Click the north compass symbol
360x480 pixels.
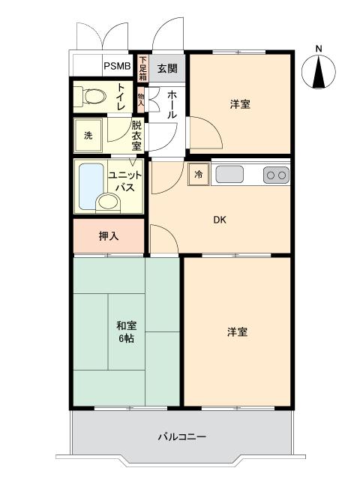pos(319,73)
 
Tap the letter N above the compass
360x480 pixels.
pos(319,50)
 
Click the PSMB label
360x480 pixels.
pos(117,66)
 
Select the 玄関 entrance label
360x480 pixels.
pos(166,69)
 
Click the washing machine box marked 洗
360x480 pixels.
pos(88,136)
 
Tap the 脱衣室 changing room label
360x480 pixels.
pos(136,136)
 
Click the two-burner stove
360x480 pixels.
pos(275,175)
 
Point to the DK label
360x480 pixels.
pos(219,220)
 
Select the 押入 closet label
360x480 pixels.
pos(109,235)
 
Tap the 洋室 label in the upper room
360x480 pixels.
pos(240,104)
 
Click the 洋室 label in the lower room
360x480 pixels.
pos(237,331)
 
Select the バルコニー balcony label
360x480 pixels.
pos(182,436)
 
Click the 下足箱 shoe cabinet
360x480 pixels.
pos(142,68)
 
